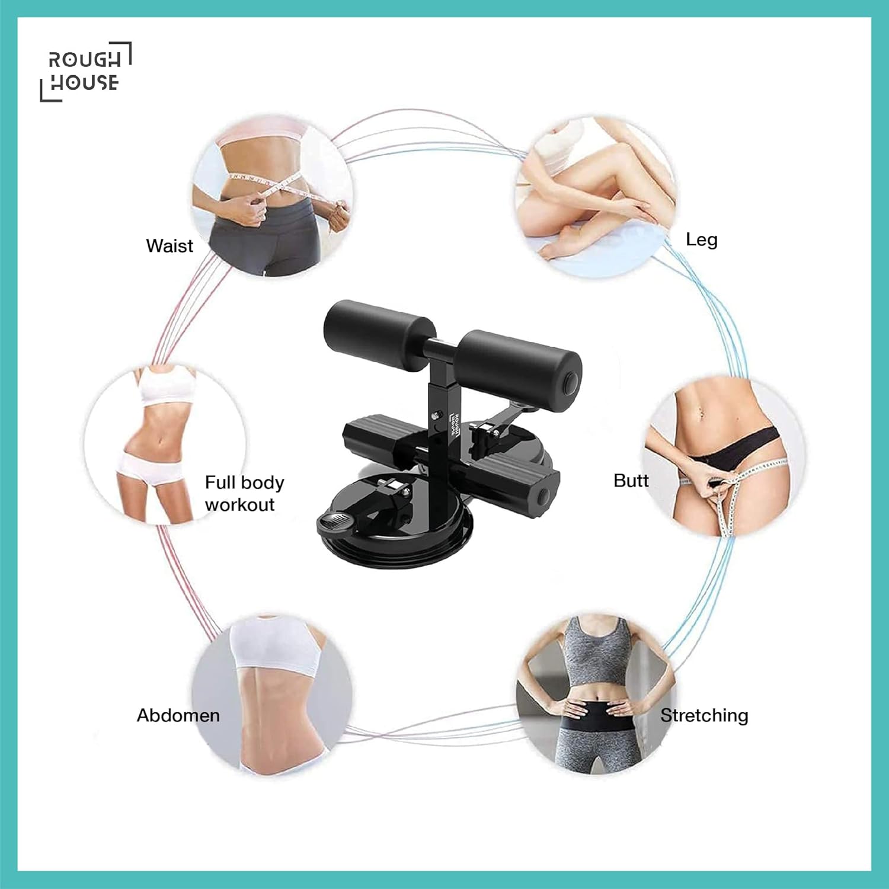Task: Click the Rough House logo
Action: [85, 72]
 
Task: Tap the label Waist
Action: [170, 245]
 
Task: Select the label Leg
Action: [702, 239]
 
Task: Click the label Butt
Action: [631, 480]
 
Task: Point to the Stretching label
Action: [704, 715]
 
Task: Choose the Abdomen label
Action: [178, 715]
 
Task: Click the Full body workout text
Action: [244, 493]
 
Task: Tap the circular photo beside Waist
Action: [273, 196]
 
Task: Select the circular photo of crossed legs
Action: [596, 196]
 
